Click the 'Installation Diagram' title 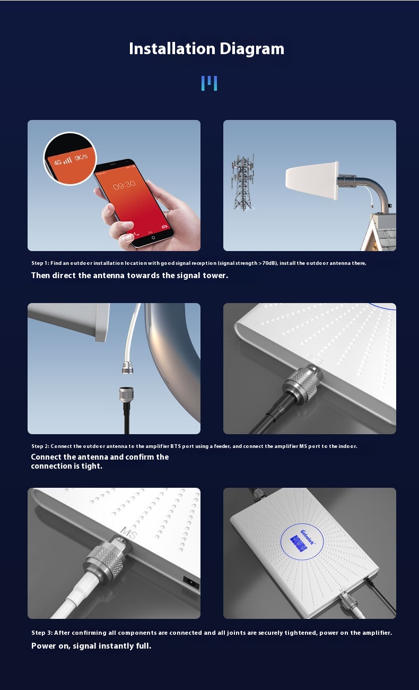click(206, 49)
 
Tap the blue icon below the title click(209, 83)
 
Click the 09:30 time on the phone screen click(124, 185)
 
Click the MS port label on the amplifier click(129, 533)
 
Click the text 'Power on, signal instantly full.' click(91, 646)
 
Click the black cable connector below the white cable click(125, 395)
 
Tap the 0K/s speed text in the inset click(81, 158)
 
